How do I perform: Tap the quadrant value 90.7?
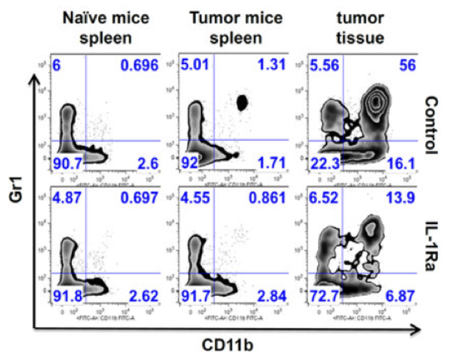click(67, 164)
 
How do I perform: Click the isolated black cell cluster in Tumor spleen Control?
click(243, 103)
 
